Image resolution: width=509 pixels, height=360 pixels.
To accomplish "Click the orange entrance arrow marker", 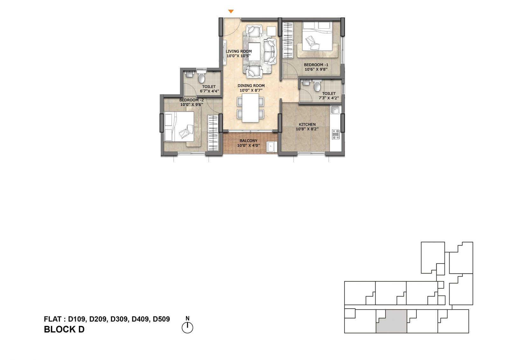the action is (231, 11).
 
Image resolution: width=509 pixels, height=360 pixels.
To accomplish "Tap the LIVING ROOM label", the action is (239, 51).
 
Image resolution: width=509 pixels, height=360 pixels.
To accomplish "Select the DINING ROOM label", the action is (251, 86).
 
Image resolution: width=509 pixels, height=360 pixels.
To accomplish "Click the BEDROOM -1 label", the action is (316, 65).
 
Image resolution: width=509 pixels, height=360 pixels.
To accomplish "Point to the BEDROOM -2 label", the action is (192, 100).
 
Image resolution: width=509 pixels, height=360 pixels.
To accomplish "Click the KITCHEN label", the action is (307, 124).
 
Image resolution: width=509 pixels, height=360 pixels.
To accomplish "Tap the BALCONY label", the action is (248, 141).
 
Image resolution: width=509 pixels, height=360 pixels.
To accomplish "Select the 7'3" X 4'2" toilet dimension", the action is (329, 98).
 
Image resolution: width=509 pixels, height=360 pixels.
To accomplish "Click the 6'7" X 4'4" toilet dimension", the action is (209, 91).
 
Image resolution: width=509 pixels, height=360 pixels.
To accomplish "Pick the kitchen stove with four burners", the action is (336, 134).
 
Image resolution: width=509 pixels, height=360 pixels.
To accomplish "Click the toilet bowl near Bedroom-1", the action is (317, 86).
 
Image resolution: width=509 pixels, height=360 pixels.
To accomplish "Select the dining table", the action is (250, 108).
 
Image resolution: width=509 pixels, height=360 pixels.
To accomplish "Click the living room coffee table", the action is (254, 52).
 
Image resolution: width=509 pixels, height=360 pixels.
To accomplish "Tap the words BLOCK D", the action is (64, 329).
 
